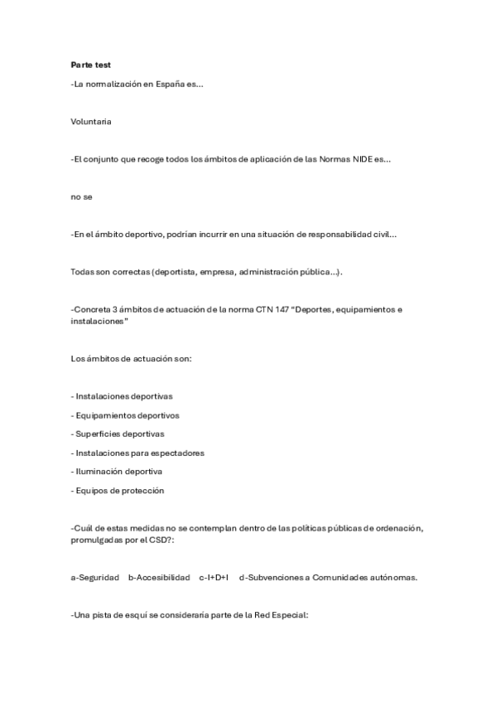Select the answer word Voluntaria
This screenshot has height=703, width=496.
(91, 121)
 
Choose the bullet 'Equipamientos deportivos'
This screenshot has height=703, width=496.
(125, 415)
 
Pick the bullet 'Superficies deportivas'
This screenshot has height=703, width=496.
(118, 434)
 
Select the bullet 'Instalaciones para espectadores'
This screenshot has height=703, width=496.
(137, 453)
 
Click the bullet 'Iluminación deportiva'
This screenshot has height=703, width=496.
(117, 471)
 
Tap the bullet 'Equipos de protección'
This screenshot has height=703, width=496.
(118, 490)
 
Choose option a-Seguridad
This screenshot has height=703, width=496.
(94, 577)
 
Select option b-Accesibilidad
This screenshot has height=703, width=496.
(159, 577)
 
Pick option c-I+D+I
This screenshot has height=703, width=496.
(214, 577)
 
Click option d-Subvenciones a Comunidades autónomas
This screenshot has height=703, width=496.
(328, 577)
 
